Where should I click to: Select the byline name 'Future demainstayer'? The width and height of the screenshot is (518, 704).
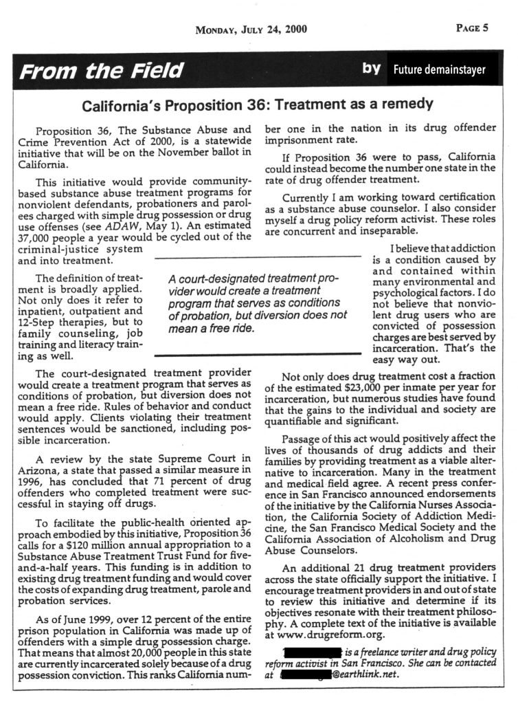439,69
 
